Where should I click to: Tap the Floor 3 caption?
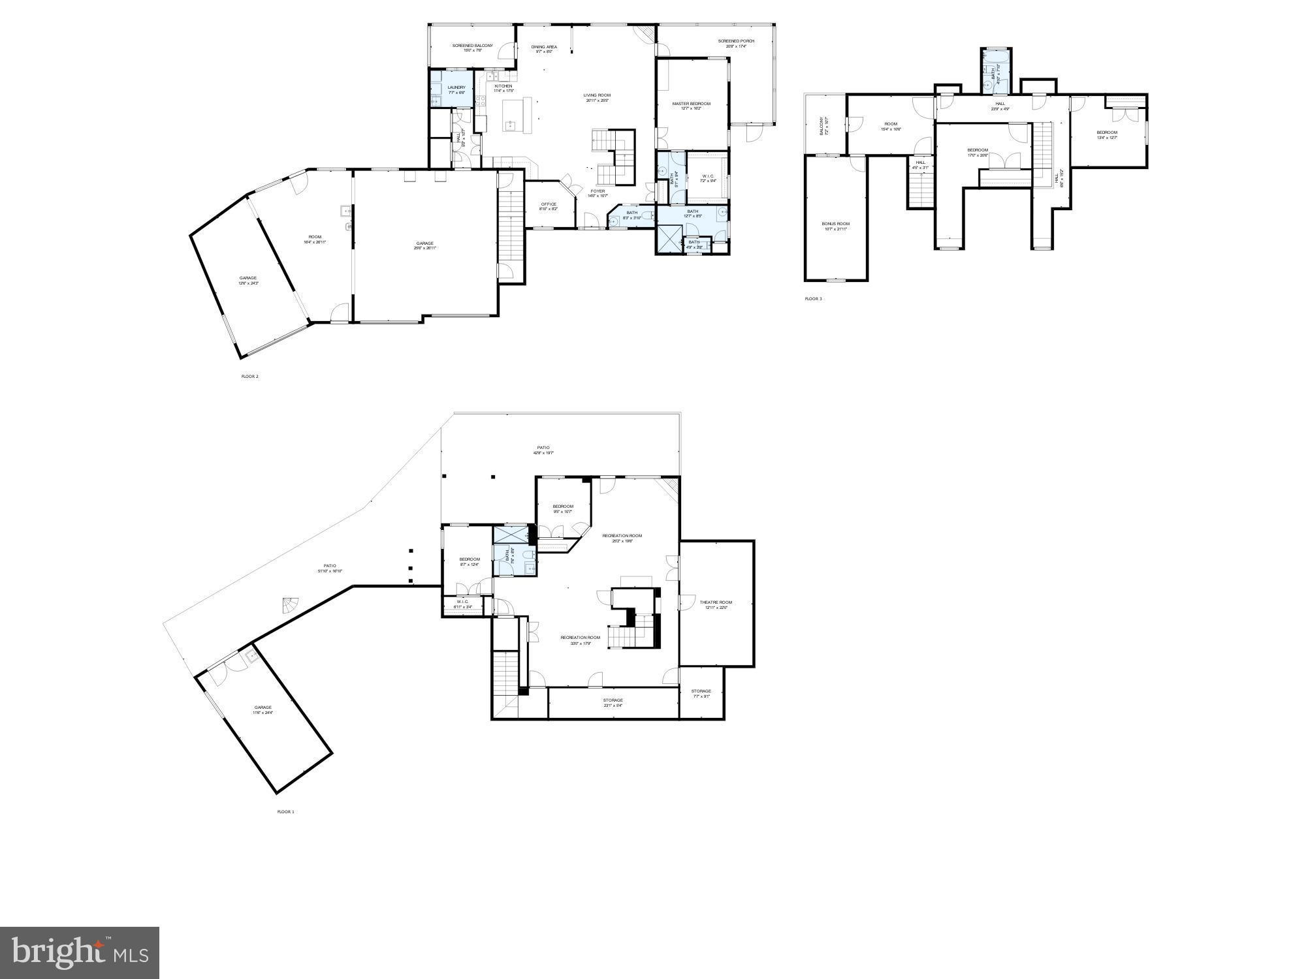(813, 299)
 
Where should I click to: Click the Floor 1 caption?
(285, 812)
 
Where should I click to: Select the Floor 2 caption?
(249, 377)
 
